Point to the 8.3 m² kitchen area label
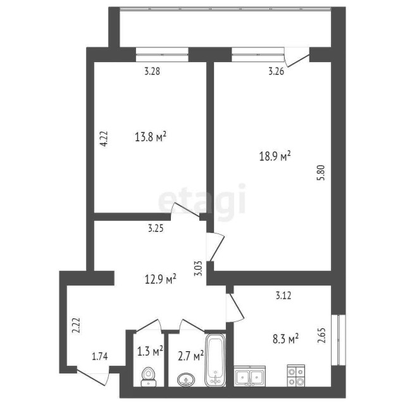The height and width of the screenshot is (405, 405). click(x=284, y=340)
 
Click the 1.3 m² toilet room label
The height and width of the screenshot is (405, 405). click(x=150, y=350)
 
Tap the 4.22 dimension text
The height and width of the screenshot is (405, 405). click(x=104, y=139)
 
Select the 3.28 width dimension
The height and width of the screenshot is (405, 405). click(x=151, y=72)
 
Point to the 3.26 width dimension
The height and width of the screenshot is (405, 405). click(x=276, y=72)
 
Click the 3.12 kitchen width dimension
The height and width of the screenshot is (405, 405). click(x=283, y=294)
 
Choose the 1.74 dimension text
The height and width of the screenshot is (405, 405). click(x=101, y=356)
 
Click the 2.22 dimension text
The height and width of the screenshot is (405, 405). click(x=76, y=325)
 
